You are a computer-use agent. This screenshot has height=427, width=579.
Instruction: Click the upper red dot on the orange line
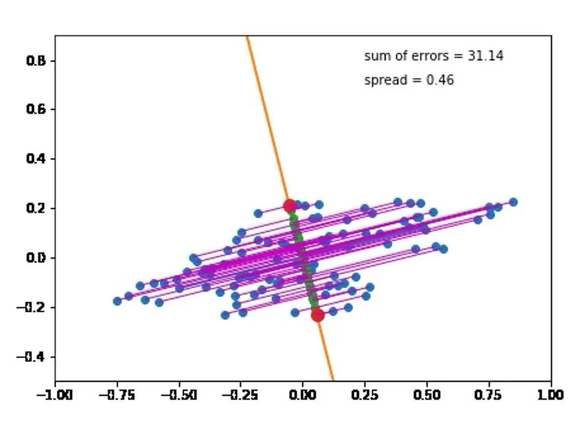coord(290,206)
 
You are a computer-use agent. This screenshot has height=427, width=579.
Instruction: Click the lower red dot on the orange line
coord(317,315)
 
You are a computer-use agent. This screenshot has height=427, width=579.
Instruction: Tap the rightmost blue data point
coord(513,202)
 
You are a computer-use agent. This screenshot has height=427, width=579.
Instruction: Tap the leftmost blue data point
coord(117,301)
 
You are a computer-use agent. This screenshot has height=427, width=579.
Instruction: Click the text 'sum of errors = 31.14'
coord(433,56)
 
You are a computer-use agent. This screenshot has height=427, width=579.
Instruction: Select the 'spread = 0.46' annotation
coord(409,80)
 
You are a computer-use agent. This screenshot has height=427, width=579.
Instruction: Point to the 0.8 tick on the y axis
coord(37,60)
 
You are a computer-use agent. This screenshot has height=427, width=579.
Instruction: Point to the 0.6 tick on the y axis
coord(37,109)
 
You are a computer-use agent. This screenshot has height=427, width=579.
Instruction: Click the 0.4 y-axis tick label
coord(37,159)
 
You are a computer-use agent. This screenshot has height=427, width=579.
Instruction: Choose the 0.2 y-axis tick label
coord(37,208)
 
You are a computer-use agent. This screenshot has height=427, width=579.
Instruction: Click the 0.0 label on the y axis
coord(37,258)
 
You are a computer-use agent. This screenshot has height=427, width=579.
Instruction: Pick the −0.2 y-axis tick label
coord(33,307)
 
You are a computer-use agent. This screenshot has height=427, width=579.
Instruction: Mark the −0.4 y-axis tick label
coord(33,356)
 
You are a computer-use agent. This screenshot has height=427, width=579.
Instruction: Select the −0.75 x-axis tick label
coord(117,394)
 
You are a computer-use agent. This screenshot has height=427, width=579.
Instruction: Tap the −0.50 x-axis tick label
coord(178,394)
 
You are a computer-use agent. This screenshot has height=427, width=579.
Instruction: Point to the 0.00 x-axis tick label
coord(303,394)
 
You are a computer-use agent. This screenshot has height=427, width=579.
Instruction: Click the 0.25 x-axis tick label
coord(365,394)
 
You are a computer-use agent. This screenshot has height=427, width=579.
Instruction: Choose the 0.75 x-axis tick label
coord(489,394)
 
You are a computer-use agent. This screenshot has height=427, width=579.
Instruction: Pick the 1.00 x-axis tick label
coord(551,394)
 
